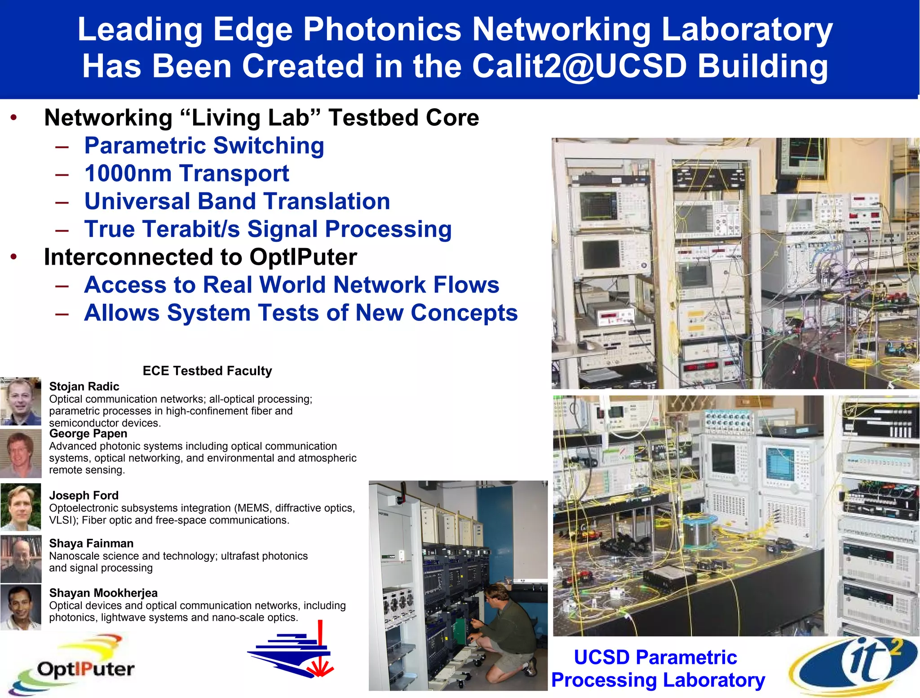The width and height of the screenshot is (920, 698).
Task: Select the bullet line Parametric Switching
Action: click(204, 146)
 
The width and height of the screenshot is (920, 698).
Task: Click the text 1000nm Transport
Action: click(186, 173)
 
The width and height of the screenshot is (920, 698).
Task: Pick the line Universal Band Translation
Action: click(237, 201)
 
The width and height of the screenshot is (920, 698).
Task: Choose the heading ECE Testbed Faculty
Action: click(207, 371)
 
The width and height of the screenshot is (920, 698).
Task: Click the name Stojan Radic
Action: click(84, 387)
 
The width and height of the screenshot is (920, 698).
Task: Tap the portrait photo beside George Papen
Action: click(21, 453)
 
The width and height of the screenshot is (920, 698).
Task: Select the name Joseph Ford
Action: click(84, 495)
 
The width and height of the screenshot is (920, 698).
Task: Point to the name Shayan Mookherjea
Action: click(103, 593)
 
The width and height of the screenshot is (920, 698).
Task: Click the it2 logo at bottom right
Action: click(854, 665)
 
